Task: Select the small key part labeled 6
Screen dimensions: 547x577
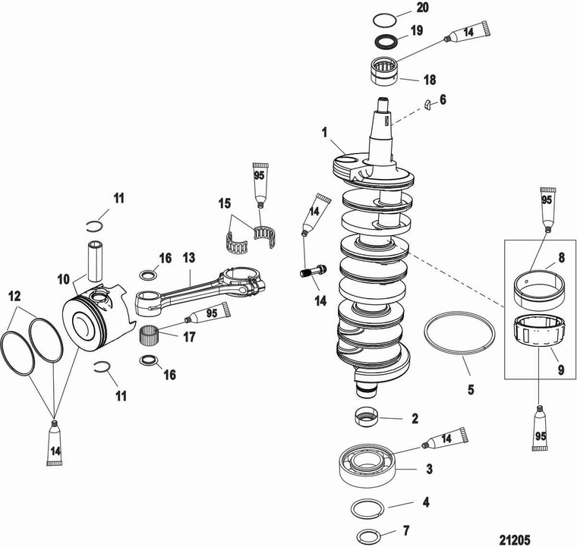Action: coord(428,105)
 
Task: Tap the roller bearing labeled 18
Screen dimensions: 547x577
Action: coord(386,73)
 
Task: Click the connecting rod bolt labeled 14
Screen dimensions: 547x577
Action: coord(310,269)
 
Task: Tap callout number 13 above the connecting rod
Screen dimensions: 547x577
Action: coord(188,258)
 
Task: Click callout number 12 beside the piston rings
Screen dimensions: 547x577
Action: coord(14,296)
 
